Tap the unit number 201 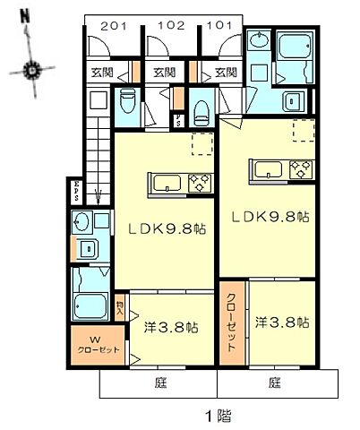(x=113, y=26)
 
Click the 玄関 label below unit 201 (x=99, y=73)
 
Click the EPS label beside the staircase (x=77, y=193)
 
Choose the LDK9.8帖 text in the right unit (x=271, y=216)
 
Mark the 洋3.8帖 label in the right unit (x=281, y=320)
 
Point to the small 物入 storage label (x=121, y=307)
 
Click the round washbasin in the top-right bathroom (x=258, y=39)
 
